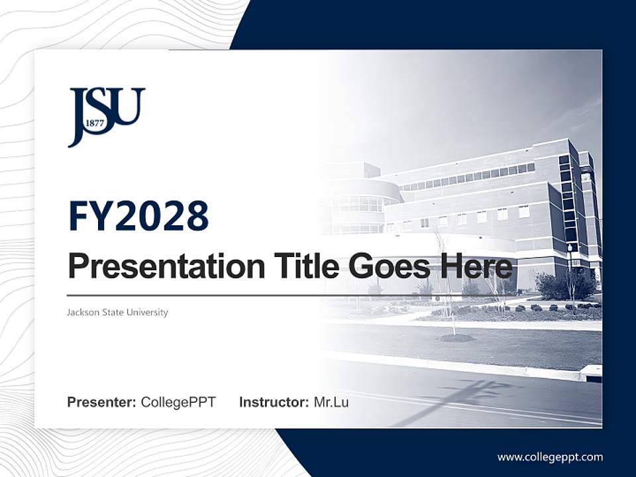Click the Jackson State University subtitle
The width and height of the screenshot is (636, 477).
click(x=117, y=312)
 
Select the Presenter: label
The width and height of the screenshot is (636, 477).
click(x=101, y=402)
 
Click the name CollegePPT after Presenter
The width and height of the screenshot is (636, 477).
click(x=178, y=402)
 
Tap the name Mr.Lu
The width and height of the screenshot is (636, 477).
click(x=331, y=402)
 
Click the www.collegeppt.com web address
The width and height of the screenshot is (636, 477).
click(x=550, y=456)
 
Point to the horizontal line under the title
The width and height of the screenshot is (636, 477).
click(x=199, y=295)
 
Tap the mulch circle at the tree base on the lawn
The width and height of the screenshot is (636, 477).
click(x=457, y=338)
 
